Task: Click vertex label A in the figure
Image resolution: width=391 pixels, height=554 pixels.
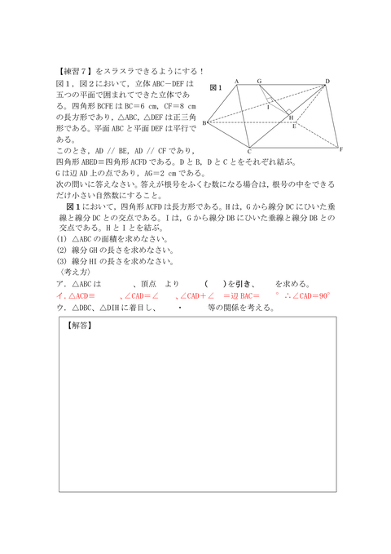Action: click(x=236, y=81)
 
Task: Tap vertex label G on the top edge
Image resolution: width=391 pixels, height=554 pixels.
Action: click(x=258, y=81)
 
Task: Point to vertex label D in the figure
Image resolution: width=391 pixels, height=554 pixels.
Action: click(x=327, y=81)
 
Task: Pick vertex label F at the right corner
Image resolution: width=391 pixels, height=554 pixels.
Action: click(x=341, y=149)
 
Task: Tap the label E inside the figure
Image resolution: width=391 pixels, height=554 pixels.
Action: click(x=293, y=127)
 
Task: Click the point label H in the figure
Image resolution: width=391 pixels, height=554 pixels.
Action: click(x=291, y=117)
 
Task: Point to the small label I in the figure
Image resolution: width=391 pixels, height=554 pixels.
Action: click(x=268, y=106)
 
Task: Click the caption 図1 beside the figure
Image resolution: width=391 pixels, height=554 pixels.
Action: click(x=216, y=86)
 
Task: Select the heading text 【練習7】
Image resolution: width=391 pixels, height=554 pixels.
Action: click(x=77, y=72)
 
